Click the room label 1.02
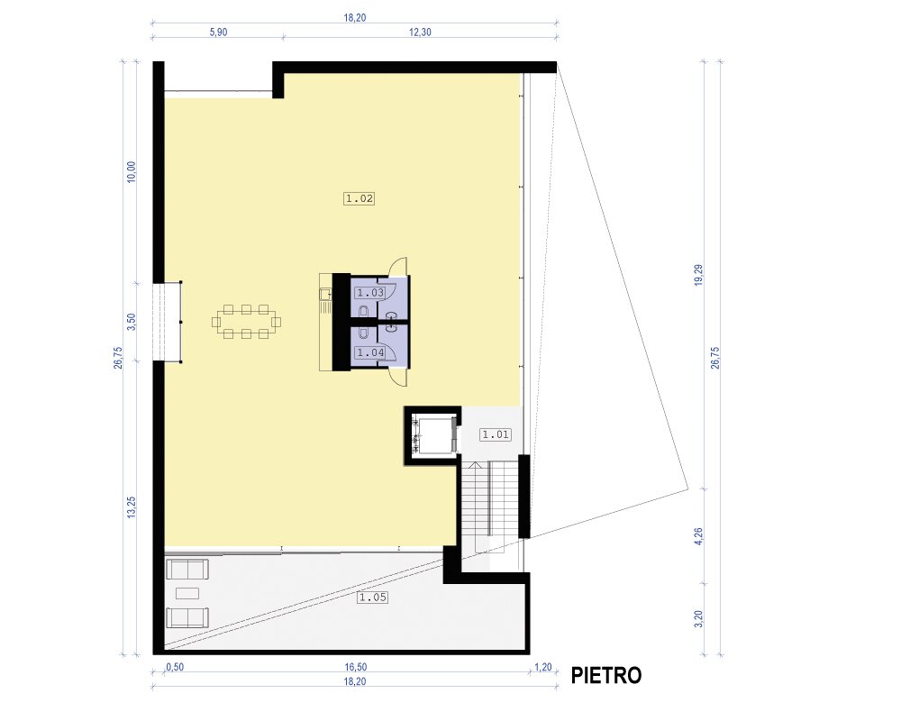tap(359, 199)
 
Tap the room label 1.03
tap(370, 293)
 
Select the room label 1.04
tap(370, 352)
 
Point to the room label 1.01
tap(496, 434)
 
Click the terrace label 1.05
tap(372, 598)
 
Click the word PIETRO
tap(606, 676)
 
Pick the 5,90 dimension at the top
tap(218, 32)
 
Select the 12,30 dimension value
tap(420, 32)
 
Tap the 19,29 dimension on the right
tap(699, 275)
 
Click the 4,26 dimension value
tap(699, 535)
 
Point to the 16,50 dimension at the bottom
tap(356, 667)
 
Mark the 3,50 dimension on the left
tap(132, 322)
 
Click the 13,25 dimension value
tap(132, 507)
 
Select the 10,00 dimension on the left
tap(132, 172)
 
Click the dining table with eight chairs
tap(247, 322)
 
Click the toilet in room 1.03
tap(364, 312)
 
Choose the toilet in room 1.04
tap(364, 333)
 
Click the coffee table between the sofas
tap(187, 593)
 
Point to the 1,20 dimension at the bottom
tap(543, 667)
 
